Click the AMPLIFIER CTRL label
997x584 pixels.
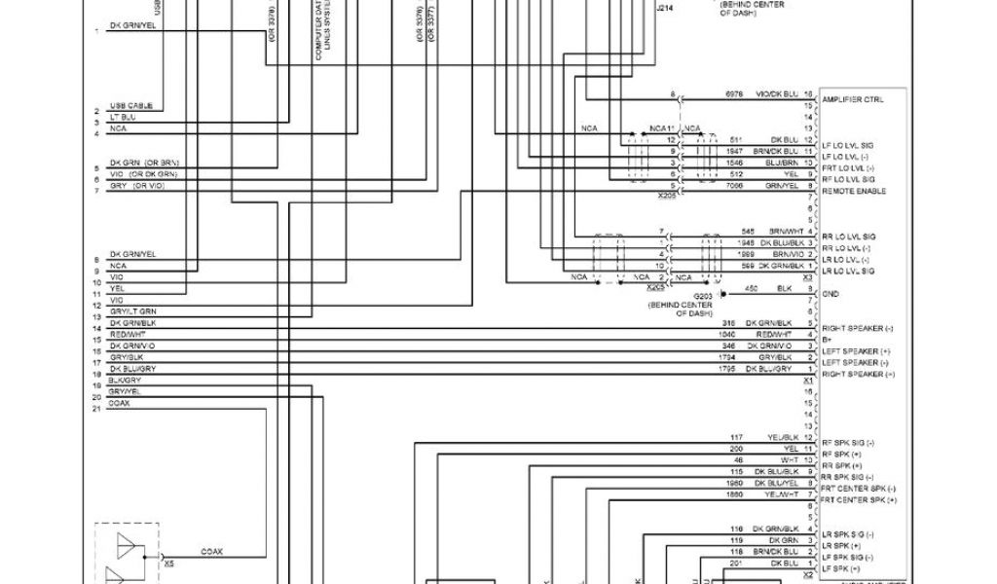pyautogui.click(x=853, y=99)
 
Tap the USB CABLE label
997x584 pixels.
pyautogui.click(x=130, y=106)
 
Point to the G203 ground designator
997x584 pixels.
pyautogui.click(x=703, y=296)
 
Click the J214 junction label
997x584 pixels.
pyautogui.click(x=664, y=8)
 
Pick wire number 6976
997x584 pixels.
pyautogui.click(x=734, y=94)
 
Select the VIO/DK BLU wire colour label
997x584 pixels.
pyautogui.click(x=775, y=94)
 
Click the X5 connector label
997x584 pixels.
pyautogui.click(x=168, y=563)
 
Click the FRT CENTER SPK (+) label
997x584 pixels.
pyautogui.click(x=859, y=499)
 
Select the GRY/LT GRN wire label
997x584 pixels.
pyautogui.click(x=132, y=310)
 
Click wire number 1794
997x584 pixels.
pyautogui.click(x=727, y=357)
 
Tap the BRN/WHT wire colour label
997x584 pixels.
pyautogui.click(x=784, y=231)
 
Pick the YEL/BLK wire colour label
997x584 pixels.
pyautogui.click(x=783, y=437)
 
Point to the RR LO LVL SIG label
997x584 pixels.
pyautogui.click(x=848, y=237)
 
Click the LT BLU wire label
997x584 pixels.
pyautogui.click(x=123, y=117)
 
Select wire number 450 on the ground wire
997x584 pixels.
pyautogui.click(x=751, y=288)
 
